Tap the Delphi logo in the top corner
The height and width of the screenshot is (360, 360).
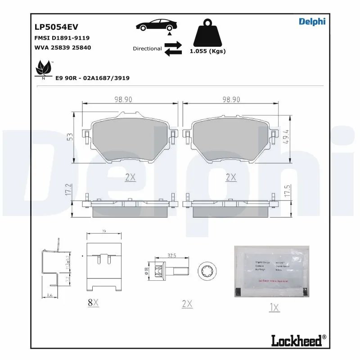(x=312, y=21)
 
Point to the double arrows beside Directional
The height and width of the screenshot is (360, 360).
(x=173, y=49)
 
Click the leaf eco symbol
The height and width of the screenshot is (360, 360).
(x=44, y=69)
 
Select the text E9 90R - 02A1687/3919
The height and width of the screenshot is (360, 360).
(x=92, y=78)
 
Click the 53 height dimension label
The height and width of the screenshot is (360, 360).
(x=70, y=137)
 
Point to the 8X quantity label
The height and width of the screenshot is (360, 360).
(x=93, y=303)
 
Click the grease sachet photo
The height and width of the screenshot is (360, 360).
(x=271, y=271)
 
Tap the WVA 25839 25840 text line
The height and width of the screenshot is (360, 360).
(x=63, y=47)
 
